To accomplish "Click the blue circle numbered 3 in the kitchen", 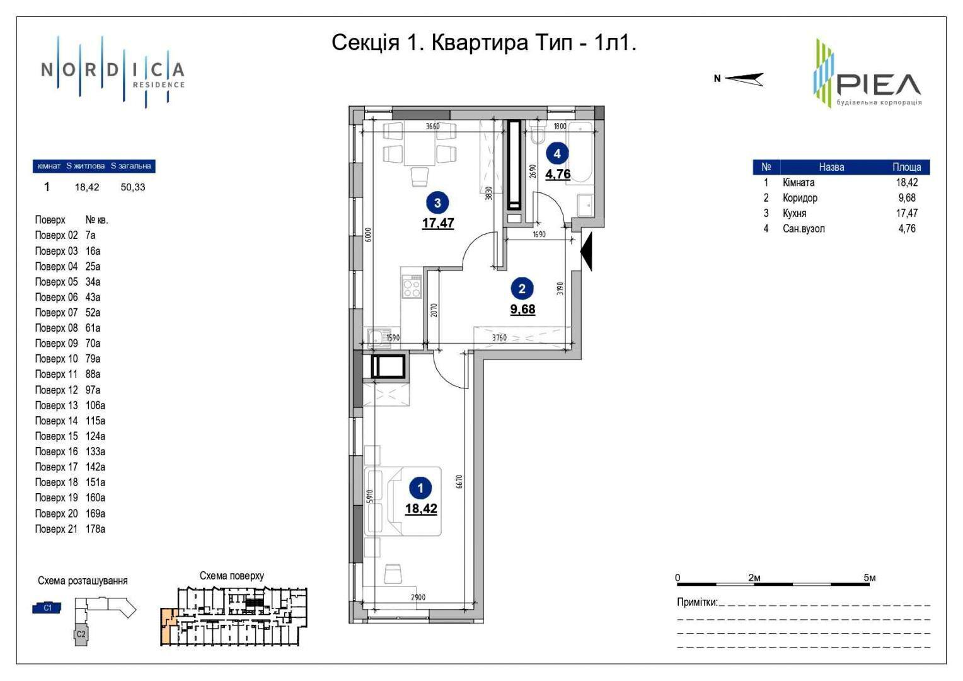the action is pos(437,202).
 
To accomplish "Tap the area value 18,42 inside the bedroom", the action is pos(421,508).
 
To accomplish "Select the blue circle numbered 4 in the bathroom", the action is pos(557,154).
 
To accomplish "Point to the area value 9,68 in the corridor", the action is pos(522,310).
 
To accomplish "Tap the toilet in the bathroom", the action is pos(538,132).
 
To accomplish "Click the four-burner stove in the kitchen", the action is pos(412,286).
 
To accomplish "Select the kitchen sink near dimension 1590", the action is pos(377,337).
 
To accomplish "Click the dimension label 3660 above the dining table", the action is pos(432,126).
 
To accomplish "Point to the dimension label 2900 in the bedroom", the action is pos(418,597).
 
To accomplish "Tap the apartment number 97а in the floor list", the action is pos(93,390).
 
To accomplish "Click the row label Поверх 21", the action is pos(56,528).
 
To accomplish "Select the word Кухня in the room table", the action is pos(795,213).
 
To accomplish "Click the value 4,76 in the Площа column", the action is pos(907,228).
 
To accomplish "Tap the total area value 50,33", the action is pos(133,187).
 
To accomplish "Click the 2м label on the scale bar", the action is pos(754,578).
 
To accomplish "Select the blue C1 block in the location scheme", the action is pos(47,608).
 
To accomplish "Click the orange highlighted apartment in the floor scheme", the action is pos(168,626).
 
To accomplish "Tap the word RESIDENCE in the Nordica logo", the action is pos(159,84).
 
